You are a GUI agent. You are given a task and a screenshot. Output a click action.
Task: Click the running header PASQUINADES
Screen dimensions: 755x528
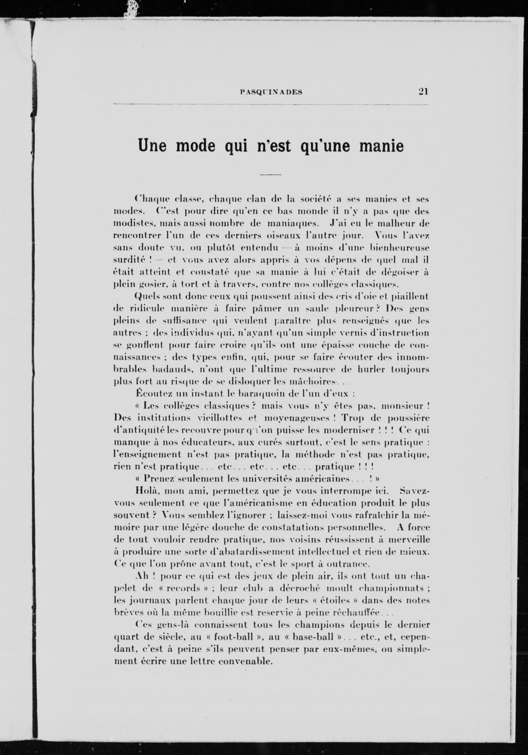pos(271,92)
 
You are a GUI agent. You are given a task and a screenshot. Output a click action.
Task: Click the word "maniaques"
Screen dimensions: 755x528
pos(292,224)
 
